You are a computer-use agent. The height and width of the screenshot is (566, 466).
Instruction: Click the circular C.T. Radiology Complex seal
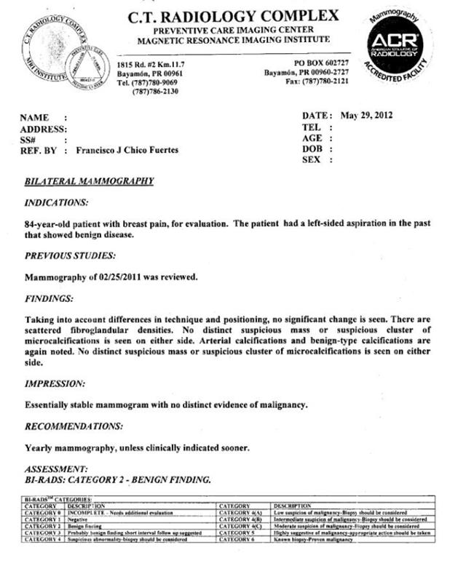click(60, 48)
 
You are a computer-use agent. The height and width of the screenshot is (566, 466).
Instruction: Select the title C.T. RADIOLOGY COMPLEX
click(233, 15)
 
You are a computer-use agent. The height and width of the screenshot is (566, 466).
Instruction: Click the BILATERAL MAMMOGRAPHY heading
click(89, 181)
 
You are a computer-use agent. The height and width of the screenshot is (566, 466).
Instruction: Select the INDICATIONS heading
click(57, 202)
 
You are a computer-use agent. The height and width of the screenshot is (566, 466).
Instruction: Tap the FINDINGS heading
click(50, 298)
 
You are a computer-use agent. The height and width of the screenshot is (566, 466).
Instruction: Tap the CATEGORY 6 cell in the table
click(240, 540)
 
